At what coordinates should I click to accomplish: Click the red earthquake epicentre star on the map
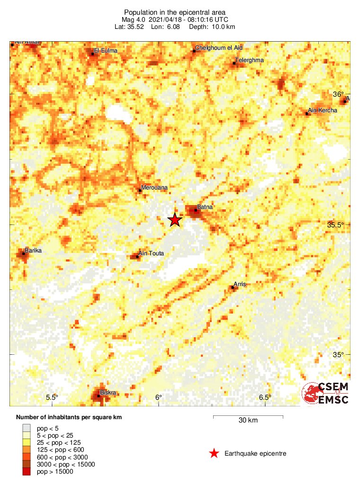click(x=175, y=220)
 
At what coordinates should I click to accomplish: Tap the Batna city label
click(x=205, y=207)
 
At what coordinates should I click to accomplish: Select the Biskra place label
click(x=108, y=392)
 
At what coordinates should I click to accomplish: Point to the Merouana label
click(x=154, y=188)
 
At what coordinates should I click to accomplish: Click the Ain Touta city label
click(x=151, y=253)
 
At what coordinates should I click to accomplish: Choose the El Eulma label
click(x=106, y=51)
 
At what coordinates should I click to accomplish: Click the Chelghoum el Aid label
click(x=218, y=48)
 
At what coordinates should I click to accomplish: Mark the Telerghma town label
click(x=249, y=60)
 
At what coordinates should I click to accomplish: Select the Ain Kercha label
click(x=323, y=110)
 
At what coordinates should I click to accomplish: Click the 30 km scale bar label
click(x=248, y=420)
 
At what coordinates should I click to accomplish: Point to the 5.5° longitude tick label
click(x=52, y=397)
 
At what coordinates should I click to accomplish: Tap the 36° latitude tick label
click(x=338, y=94)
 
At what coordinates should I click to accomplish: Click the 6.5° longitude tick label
click(x=265, y=397)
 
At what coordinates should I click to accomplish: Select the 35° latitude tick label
click(x=338, y=355)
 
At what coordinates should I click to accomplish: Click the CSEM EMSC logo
click(x=325, y=393)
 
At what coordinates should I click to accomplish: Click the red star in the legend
click(x=214, y=454)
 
